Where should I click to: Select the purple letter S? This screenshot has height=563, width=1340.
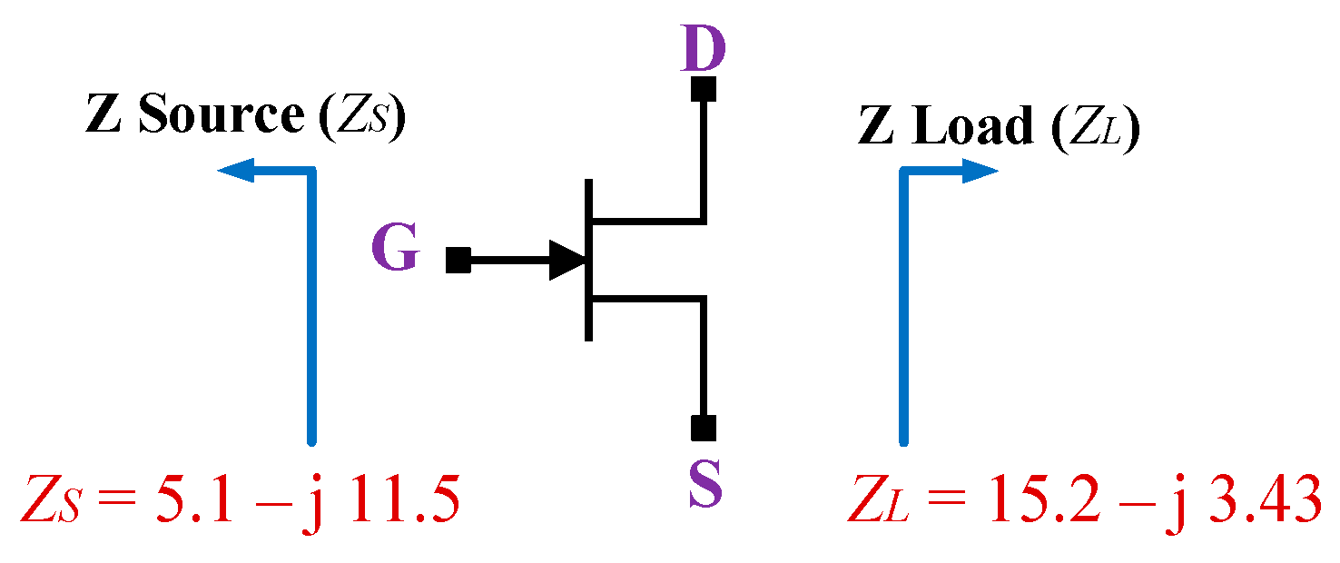704,482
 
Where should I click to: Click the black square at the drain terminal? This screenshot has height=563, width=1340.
704,89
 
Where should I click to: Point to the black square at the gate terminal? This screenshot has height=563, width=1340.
458,261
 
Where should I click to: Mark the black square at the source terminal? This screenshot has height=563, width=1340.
704,428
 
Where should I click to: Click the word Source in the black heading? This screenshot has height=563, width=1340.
220,116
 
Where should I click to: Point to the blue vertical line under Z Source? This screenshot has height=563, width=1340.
312,309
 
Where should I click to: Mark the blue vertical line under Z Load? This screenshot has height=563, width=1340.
904,309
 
